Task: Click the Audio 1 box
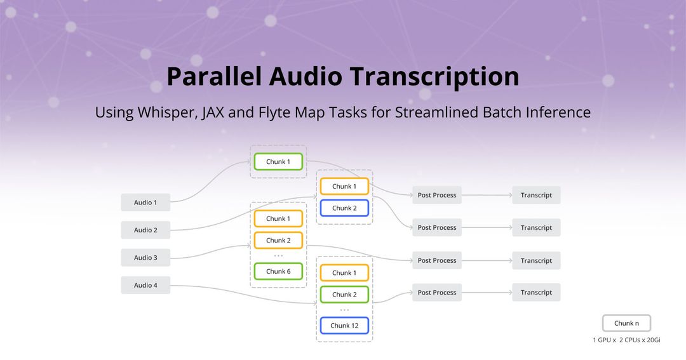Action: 145,203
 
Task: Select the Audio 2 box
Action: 145,230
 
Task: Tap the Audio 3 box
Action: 145,258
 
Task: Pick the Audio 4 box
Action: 145,285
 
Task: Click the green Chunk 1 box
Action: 278,162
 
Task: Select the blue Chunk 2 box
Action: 344,208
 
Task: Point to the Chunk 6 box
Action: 278,272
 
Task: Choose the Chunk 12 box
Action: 344,326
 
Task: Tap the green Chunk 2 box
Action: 344,295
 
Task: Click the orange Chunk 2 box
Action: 278,241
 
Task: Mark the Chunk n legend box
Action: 626,323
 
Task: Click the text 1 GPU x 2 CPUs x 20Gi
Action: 626,340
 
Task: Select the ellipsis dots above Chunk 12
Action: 344,310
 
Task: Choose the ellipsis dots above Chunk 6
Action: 278,256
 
